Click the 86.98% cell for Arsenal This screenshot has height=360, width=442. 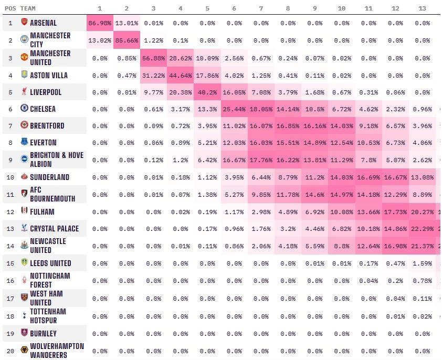[100, 23]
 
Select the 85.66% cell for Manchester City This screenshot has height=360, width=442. [127, 40]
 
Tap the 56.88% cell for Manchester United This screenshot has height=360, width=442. [153, 58]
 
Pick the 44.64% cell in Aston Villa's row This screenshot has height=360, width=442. [181, 76]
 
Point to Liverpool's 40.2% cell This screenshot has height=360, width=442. [207, 92]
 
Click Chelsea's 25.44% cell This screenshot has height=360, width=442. [234, 109]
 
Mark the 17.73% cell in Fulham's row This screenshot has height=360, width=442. [395, 212]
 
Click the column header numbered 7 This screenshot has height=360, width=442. [261, 8]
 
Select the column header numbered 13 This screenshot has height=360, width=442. [422, 8]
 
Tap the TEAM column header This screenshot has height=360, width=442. [28, 8]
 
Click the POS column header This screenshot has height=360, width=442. [10, 8]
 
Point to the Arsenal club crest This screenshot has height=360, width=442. [24, 23]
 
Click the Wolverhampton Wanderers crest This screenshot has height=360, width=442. [24, 351]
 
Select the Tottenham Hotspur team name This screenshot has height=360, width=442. [48, 316]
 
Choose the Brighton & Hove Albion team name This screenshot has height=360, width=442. [56, 160]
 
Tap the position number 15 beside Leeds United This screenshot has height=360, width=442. [10, 263]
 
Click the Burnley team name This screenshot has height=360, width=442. [44, 334]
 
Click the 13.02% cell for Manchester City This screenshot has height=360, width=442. [100, 40]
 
